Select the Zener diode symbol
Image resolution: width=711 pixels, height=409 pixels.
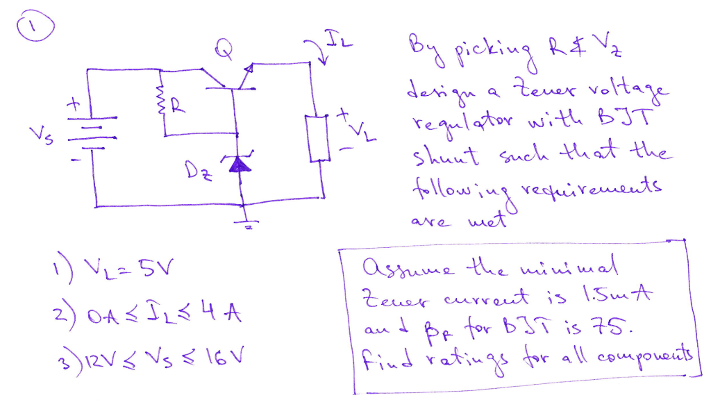[x=240, y=164]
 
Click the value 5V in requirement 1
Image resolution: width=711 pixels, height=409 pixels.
[x=161, y=265]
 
